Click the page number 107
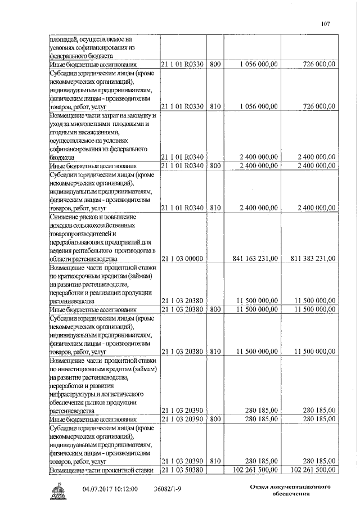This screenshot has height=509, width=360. [x=325, y=24]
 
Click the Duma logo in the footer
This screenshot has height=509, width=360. [x=58, y=491]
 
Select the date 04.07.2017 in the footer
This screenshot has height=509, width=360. [x=98, y=489]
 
